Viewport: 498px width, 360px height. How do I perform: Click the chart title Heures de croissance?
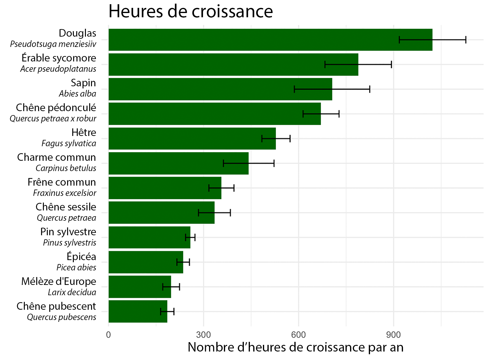[x=191, y=12]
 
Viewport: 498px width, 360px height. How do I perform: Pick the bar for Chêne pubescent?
[x=138, y=311]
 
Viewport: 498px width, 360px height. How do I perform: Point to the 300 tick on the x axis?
[x=203, y=335]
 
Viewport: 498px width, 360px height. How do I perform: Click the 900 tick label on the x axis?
[x=393, y=335]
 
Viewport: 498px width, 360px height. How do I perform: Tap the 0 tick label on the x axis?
[x=109, y=335]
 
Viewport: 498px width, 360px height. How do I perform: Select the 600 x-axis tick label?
[x=298, y=335]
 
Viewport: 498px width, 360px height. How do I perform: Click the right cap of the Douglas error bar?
[x=466, y=40]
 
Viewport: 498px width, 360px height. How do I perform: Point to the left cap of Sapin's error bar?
[x=294, y=89]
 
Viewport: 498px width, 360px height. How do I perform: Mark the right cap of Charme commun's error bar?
[x=274, y=163]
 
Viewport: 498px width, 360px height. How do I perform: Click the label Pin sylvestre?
[x=68, y=232]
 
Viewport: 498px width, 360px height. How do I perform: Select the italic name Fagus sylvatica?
[x=69, y=144]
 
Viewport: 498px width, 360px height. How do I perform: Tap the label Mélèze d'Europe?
[x=59, y=281]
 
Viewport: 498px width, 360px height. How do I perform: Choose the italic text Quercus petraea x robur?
[x=53, y=119]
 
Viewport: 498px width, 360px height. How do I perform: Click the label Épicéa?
[x=81, y=256]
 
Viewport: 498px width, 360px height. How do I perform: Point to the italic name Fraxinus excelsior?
[x=64, y=193]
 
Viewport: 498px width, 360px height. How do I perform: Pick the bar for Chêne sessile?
[x=161, y=213]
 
